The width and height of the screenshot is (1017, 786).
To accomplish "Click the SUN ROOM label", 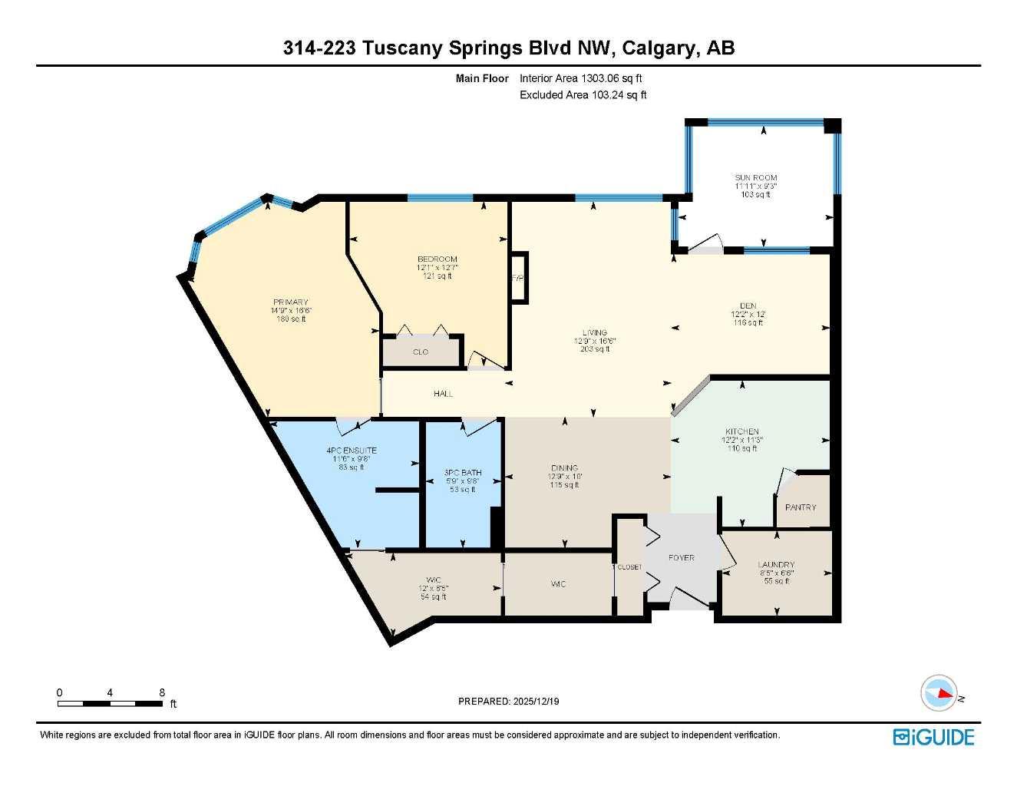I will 755,177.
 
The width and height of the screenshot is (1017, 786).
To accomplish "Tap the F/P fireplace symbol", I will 519,278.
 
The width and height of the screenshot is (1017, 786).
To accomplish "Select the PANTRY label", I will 801,507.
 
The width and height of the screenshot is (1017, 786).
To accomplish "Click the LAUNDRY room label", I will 776,565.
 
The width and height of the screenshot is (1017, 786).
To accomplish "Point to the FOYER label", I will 681,558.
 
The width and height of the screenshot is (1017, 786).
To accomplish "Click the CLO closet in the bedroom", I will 421,352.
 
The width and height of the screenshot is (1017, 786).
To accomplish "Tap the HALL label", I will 443,394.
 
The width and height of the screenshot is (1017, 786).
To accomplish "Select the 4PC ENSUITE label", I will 351,451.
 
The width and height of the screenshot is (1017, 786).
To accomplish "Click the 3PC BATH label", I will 463,473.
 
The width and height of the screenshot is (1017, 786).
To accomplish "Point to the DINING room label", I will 564,467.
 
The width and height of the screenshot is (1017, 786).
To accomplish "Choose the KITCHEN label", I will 741,431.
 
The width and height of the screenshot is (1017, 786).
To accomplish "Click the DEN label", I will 748,305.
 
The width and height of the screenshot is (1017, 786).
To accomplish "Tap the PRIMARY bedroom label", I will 290,302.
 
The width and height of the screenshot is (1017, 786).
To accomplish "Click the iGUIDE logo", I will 933,738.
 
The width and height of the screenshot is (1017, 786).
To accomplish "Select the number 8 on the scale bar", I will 162,692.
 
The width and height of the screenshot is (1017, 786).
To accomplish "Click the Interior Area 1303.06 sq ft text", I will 580,78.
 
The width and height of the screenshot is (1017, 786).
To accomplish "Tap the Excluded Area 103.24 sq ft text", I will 583,95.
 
